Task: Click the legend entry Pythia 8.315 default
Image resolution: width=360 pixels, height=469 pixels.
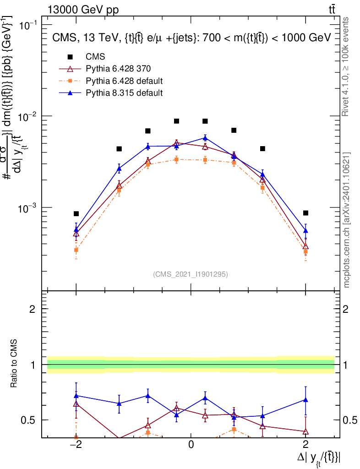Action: tap(124, 93)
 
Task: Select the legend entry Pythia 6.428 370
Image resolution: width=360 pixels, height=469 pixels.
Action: tap(118, 69)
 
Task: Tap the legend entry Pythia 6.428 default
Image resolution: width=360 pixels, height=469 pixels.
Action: tap(124, 81)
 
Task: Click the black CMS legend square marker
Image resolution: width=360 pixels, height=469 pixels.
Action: tap(70, 57)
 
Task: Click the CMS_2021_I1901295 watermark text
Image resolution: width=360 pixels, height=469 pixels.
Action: tap(191, 274)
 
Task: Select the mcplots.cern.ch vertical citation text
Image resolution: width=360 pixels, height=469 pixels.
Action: tap(347, 220)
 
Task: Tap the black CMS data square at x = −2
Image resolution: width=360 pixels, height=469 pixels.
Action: tap(76, 214)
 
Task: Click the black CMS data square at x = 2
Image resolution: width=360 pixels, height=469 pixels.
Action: tap(305, 213)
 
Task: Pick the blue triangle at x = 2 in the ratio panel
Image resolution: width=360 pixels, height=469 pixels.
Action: tap(305, 400)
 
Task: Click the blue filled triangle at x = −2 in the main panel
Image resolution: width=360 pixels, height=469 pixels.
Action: tap(76, 229)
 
